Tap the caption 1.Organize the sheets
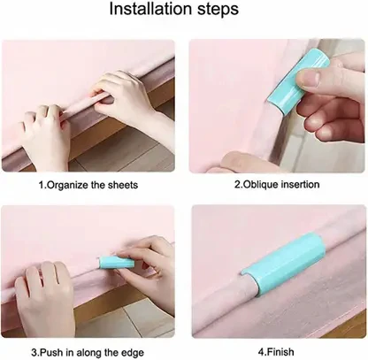[x=88, y=185]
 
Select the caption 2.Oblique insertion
[x=277, y=184]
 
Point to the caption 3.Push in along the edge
[x=88, y=352]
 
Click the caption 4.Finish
[x=276, y=352]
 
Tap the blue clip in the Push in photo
[x=116, y=263]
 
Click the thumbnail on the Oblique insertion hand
[x=308, y=78]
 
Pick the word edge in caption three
[x=133, y=353]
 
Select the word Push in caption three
[x=50, y=352]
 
